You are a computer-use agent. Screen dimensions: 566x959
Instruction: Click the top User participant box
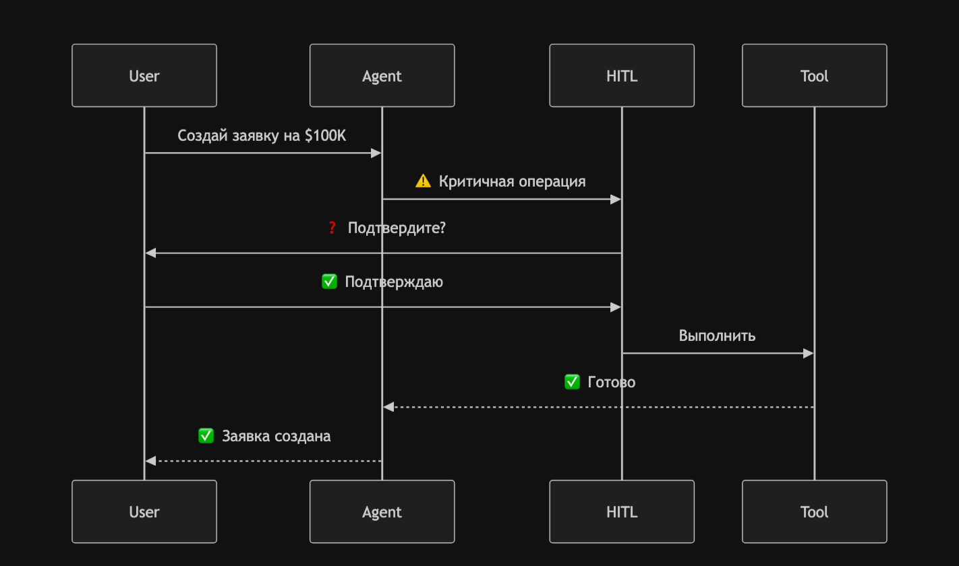[144, 75]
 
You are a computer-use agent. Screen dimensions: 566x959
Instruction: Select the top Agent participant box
[382, 75]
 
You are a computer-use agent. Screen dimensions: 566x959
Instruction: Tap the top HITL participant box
[621, 75]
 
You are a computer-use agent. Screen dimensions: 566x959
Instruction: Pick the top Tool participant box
[814, 75]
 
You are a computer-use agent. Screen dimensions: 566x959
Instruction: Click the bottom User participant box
[144, 511]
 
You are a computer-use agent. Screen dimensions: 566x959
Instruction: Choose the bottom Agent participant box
[382, 511]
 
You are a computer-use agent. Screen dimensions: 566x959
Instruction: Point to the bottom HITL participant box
[621, 511]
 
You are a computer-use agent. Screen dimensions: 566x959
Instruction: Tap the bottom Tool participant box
[814, 511]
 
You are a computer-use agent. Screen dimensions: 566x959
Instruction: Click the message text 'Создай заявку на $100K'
[262, 135]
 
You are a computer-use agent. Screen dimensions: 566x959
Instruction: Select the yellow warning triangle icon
[423, 181]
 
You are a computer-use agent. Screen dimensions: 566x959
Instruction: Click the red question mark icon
[332, 228]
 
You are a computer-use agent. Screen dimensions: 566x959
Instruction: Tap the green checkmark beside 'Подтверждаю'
[329, 282]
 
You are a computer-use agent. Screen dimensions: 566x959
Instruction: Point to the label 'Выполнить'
[717, 336]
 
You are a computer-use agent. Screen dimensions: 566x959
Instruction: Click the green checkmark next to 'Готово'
[572, 382]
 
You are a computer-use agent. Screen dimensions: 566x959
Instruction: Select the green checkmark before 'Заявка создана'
[206, 436]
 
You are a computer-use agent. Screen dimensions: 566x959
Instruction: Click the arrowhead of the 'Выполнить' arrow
[809, 353]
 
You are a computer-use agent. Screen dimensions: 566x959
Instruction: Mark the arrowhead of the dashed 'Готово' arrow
[388, 407]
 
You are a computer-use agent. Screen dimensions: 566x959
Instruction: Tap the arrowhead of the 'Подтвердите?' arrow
[151, 253]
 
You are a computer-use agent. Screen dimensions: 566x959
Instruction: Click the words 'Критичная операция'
[512, 181]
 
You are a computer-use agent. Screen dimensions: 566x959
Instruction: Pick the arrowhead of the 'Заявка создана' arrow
[151, 461]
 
